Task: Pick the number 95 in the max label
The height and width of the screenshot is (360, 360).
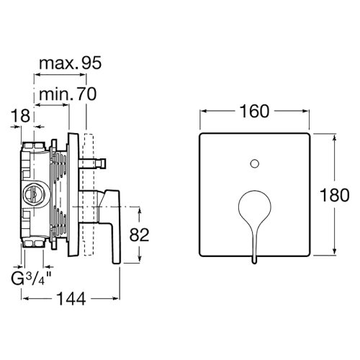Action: [x=89, y=63]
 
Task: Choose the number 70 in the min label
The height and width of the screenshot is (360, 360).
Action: [x=86, y=93]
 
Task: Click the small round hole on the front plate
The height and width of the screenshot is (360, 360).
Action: [x=254, y=166]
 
